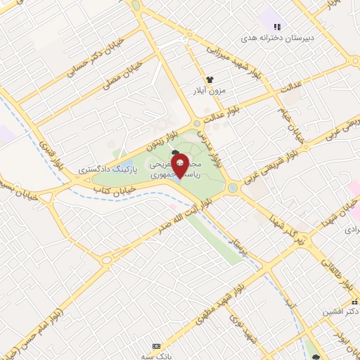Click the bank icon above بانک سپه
point(156,346)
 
